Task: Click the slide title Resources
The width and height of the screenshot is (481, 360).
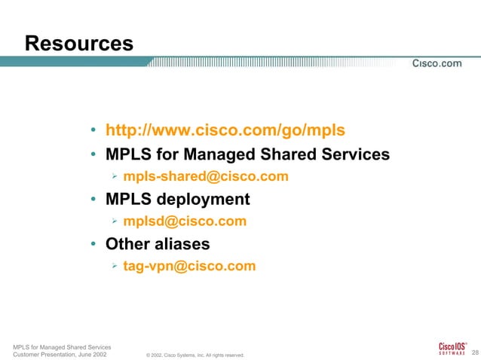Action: pyautogui.click(x=79, y=44)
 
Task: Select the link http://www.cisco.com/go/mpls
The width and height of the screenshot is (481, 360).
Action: pyautogui.click(x=225, y=130)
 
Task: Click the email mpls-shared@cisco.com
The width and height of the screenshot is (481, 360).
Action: pyautogui.click(x=206, y=177)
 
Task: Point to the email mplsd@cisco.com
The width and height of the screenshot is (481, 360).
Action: pyautogui.click(x=185, y=221)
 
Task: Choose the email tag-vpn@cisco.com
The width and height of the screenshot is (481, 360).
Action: pyautogui.click(x=189, y=266)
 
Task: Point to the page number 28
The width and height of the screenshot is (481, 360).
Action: pyautogui.click(x=474, y=352)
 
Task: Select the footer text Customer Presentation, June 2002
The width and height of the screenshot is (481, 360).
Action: pyautogui.click(x=60, y=353)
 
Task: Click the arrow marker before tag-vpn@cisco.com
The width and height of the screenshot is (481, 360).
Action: pyautogui.click(x=112, y=266)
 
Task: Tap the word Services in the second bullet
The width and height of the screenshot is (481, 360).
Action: pyautogui.click(x=354, y=155)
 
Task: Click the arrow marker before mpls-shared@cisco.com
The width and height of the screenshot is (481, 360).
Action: pyautogui.click(x=112, y=177)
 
